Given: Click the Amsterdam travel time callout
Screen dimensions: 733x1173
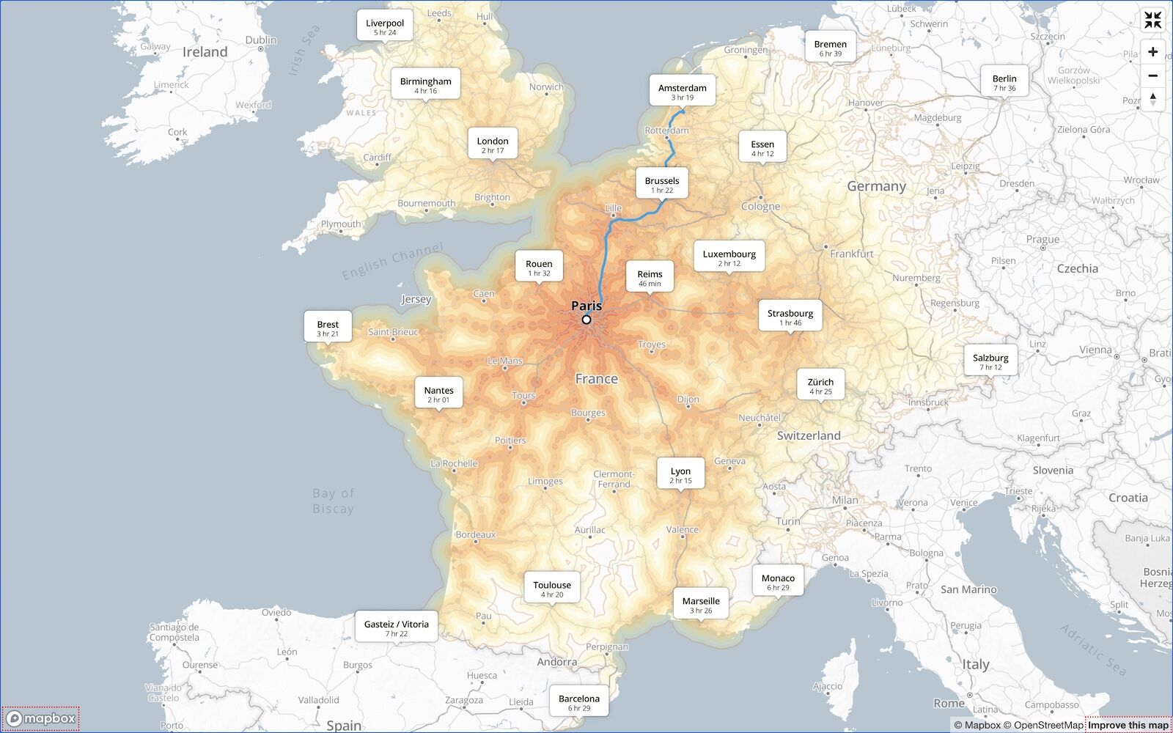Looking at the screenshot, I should click(x=682, y=92).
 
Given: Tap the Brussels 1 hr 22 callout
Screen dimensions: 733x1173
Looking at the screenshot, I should click(x=662, y=185).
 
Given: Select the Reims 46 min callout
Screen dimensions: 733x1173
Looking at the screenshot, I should click(x=650, y=278).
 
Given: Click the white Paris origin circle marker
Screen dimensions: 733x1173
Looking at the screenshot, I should click(x=586, y=320).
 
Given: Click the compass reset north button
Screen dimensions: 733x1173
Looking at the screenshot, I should click(x=1152, y=99).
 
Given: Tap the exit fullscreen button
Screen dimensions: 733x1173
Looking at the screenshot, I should click(x=1152, y=21).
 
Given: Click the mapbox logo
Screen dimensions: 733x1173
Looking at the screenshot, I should click(x=41, y=718).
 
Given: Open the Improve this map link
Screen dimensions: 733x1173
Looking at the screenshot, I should click(x=1128, y=725).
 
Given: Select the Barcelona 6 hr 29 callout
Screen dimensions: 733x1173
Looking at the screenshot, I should click(x=578, y=702).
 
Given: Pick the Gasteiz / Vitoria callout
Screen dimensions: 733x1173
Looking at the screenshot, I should click(x=397, y=628).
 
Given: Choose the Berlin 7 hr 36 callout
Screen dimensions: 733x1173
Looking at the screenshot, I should click(x=1004, y=82).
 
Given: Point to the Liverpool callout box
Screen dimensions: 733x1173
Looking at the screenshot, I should click(x=385, y=27).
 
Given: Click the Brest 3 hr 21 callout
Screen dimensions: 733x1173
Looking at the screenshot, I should click(x=328, y=328).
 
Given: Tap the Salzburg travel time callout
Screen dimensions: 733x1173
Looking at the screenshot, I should click(x=990, y=361).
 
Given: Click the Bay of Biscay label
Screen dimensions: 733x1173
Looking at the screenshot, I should click(x=334, y=501).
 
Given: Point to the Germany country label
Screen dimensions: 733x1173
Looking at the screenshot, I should click(x=876, y=186).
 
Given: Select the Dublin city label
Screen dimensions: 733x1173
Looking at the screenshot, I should click(x=261, y=40).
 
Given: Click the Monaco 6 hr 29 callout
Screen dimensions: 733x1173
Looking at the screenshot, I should click(x=778, y=582).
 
